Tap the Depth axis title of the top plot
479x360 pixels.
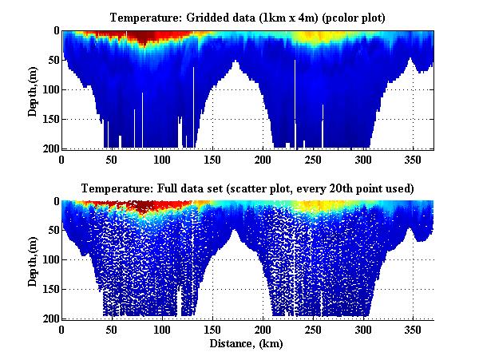tap(33, 89)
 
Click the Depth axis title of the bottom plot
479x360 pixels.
tap(33, 259)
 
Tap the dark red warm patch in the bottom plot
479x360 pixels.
tap(144, 208)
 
